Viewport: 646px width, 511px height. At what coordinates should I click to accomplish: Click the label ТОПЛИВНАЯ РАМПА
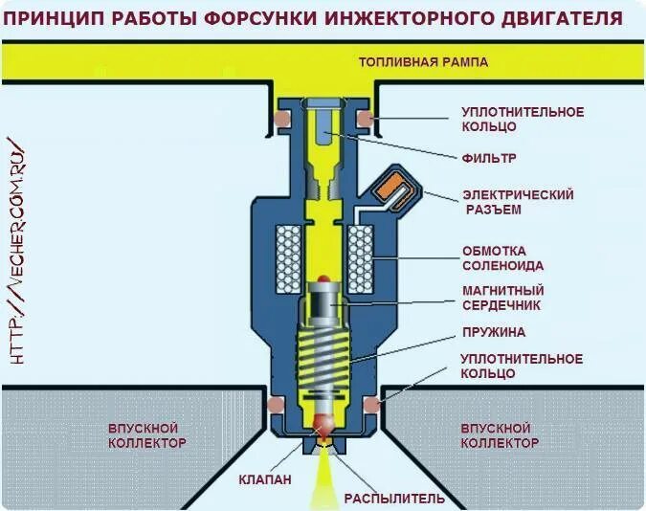[x=423, y=62]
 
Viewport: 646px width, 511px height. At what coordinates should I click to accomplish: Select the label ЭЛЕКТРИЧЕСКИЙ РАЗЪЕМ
[x=517, y=201]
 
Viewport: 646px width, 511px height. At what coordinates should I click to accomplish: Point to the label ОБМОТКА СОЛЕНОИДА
[x=502, y=257]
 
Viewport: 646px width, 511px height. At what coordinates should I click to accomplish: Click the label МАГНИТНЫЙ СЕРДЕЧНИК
[x=502, y=298]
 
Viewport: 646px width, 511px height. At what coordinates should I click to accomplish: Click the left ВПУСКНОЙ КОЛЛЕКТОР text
[x=145, y=435]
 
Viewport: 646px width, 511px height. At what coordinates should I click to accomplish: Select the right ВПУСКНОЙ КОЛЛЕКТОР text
[x=499, y=435]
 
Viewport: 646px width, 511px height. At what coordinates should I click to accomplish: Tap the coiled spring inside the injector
[x=323, y=368]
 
